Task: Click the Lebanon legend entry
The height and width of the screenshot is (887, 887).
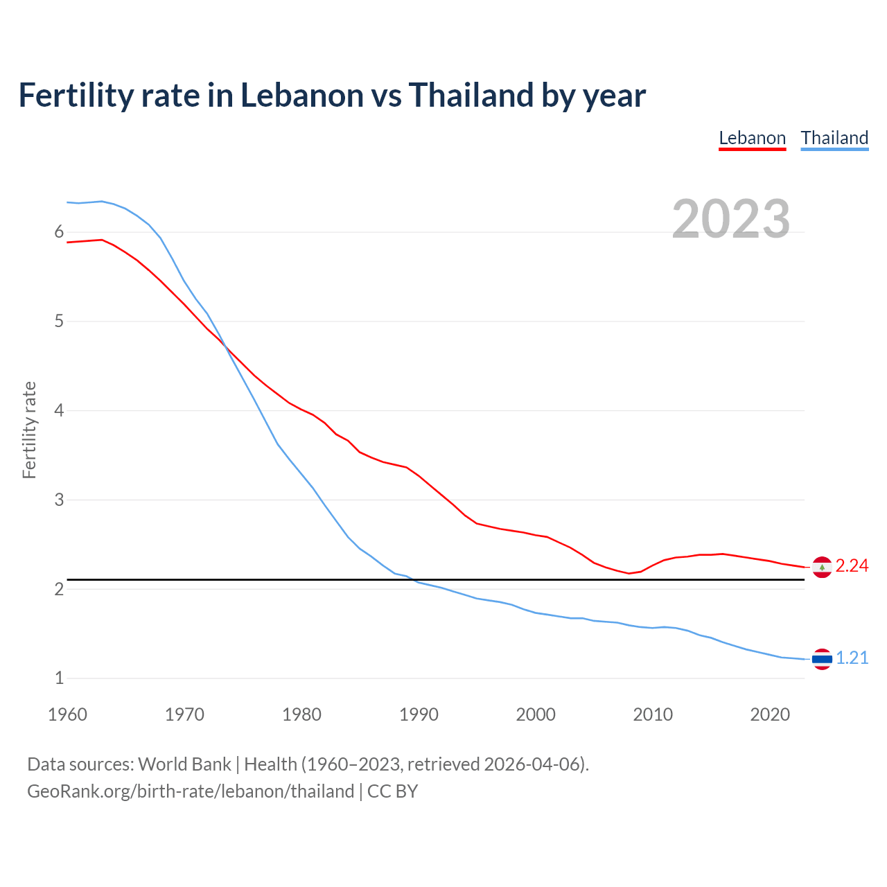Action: pos(752,138)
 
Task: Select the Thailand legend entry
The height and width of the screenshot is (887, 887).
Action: pos(834,138)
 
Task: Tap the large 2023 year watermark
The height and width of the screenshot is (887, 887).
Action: pos(730,219)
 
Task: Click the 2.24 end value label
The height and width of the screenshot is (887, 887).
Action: pos(852,566)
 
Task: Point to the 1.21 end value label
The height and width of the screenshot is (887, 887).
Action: pos(852,658)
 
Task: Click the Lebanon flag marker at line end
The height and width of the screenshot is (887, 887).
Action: pos(822,568)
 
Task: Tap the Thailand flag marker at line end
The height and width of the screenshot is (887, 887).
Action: pos(822,659)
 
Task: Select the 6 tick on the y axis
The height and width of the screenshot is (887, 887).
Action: pos(59,232)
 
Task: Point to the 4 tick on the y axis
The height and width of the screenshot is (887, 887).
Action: pos(59,410)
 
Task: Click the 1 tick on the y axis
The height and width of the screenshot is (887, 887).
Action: pos(59,678)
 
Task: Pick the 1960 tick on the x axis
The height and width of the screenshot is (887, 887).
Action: pos(67,714)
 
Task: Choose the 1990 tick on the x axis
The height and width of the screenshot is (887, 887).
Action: pos(419,714)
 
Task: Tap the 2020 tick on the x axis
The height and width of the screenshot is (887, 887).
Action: pos(770,714)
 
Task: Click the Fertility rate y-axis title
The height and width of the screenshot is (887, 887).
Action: pos(29,430)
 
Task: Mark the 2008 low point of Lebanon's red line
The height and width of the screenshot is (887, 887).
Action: pos(629,573)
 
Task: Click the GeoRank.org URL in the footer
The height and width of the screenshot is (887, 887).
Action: pos(191,791)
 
